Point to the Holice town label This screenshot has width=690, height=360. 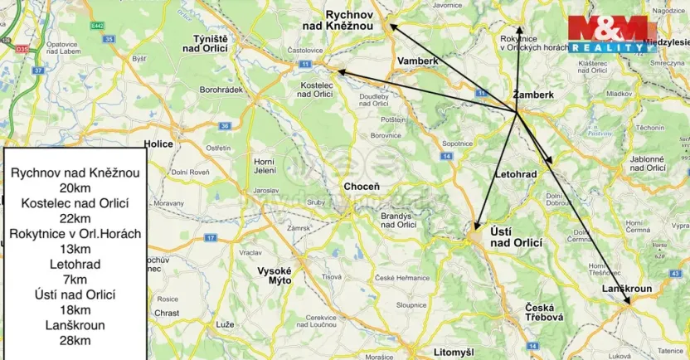pos(158,144)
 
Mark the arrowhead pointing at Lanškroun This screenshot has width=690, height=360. pos(627,304)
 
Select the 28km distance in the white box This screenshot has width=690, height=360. pos(75,340)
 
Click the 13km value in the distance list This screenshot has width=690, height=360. pos(75,249)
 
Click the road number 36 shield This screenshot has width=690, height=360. pos(224,126)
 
